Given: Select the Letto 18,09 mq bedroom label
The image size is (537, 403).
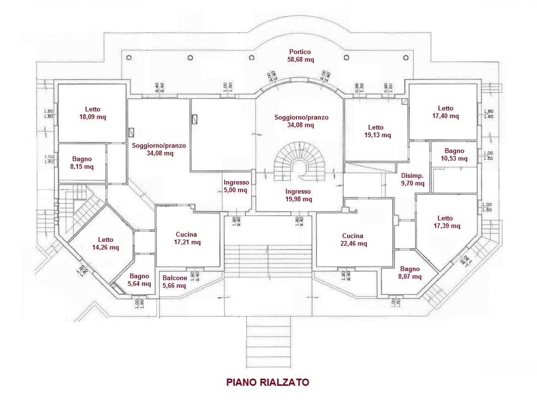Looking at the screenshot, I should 93,112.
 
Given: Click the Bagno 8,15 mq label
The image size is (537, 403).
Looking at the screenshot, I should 82,163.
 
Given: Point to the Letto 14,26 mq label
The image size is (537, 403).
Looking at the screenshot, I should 106,244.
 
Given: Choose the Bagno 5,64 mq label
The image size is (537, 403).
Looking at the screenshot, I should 139,280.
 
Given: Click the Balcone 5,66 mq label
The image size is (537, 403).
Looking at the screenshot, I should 174,282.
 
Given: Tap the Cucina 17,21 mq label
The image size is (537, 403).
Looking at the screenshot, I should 186,238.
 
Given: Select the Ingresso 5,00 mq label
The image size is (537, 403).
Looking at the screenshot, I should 236,186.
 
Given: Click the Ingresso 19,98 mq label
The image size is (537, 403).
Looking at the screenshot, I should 298,195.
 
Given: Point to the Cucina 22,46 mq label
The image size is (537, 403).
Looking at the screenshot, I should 352,240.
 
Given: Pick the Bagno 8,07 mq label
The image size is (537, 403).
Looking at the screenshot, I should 410,272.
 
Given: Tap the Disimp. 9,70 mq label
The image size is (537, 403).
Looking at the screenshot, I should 412,179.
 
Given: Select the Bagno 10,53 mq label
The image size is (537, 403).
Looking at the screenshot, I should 454,155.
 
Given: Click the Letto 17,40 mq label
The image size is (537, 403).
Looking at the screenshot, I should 445,112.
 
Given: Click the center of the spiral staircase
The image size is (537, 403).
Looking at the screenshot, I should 300,168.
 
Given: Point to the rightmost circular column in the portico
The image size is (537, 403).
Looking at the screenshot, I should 406,57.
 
